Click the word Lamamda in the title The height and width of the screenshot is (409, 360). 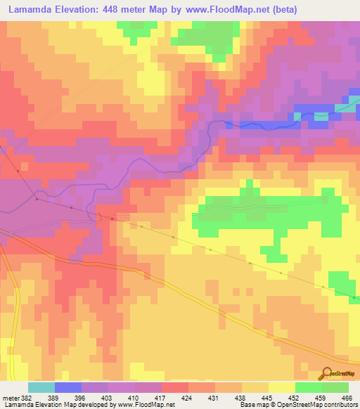coord(34,10)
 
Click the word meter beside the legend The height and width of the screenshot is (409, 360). coord(11,397)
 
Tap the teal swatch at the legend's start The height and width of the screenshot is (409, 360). coord(41,387)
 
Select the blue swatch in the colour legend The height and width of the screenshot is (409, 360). coord(68,387)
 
